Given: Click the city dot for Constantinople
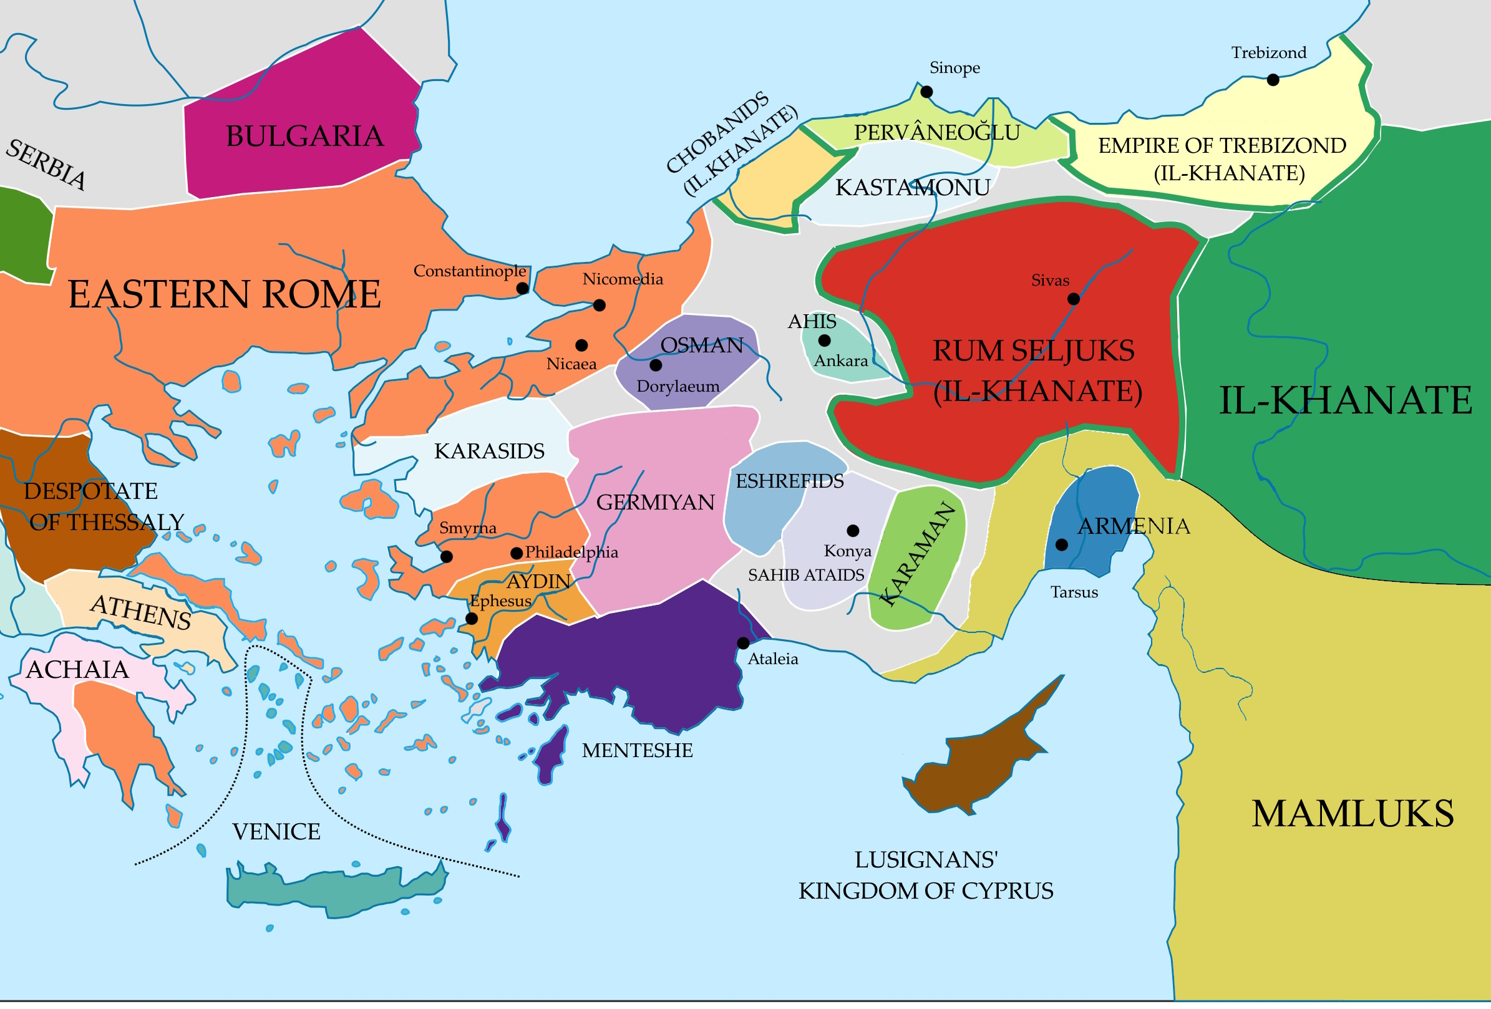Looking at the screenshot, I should point(523,288).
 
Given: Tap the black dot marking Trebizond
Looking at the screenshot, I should point(1273,80).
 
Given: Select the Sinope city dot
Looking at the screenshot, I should point(926,92).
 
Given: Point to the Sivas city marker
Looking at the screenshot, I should point(1074,299).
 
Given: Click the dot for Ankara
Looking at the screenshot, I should point(824,340).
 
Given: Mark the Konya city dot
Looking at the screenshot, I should point(853,531).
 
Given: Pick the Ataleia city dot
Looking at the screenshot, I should point(743,643).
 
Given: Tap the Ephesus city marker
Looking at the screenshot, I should point(472,619).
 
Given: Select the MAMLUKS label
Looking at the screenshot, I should point(1353,813).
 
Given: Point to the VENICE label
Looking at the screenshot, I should point(276,832).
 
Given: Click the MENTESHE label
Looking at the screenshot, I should point(637,750).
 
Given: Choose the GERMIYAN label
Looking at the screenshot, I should point(655,502).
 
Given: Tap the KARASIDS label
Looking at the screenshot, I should point(489,451).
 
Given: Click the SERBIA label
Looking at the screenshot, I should point(46,165).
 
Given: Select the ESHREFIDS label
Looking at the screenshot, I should point(789,481).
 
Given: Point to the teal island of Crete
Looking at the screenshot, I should point(334,889).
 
